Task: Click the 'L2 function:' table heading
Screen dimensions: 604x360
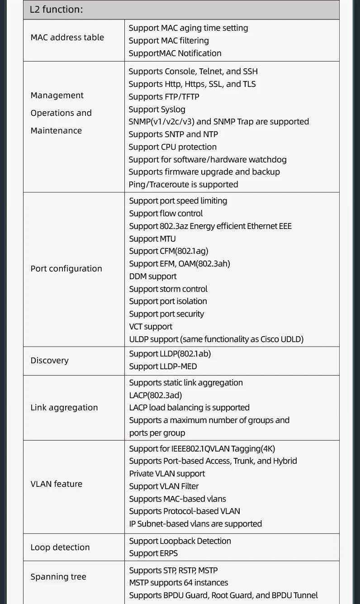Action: pos(56,10)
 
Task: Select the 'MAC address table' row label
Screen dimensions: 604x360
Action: pos(67,38)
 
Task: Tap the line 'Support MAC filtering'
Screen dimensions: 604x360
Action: pos(168,41)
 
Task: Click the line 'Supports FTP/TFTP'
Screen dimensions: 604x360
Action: pos(164,97)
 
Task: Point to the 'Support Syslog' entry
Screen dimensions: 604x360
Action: pos(156,109)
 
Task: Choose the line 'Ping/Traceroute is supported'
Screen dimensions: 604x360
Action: pos(183,185)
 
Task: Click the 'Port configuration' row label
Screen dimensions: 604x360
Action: pos(66,269)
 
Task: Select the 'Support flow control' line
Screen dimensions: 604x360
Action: pos(166,214)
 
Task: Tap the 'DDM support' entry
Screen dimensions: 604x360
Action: pos(152,276)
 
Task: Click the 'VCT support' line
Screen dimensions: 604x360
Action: pos(151,327)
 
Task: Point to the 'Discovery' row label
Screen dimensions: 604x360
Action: pos(49,361)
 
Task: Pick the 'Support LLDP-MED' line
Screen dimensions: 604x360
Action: pos(163,366)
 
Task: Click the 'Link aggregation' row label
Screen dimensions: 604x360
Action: pos(64,408)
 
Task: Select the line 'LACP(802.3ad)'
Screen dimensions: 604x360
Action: pos(155,395)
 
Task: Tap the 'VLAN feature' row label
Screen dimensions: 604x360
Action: pos(56,484)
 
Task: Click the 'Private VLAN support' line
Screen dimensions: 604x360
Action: pos(167,474)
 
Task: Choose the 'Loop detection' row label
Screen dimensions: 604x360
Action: pos(60,547)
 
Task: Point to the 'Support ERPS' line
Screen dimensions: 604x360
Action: pos(153,553)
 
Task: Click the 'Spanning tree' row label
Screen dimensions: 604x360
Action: pos(58,577)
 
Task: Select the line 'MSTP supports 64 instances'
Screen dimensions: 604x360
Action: pos(178,583)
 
